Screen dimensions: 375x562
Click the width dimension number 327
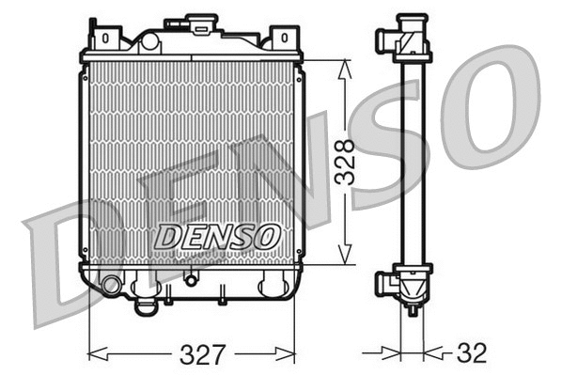click(x=203, y=354)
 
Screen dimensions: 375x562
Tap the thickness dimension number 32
click(x=473, y=353)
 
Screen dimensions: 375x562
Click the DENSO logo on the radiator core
click(x=216, y=235)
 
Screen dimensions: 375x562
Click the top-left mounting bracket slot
click(x=105, y=39)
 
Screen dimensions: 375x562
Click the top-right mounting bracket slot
click(x=281, y=39)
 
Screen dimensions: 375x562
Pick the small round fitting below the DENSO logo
click(x=192, y=278)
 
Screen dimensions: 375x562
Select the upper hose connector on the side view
click(x=386, y=39)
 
